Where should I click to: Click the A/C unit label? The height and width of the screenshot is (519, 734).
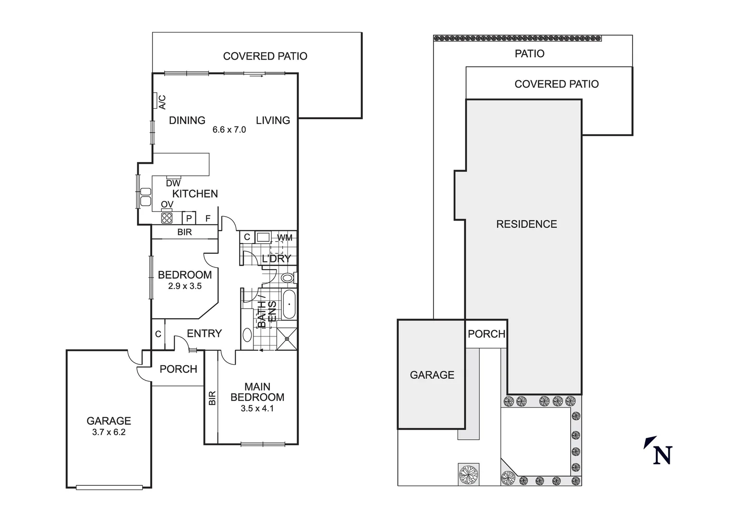[162, 102]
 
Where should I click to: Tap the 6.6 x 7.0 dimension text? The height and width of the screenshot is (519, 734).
[229, 130]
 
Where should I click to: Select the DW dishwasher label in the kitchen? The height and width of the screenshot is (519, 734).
[173, 184]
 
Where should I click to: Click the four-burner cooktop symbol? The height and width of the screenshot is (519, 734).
[167, 218]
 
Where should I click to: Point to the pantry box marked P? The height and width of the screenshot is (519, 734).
[189, 218]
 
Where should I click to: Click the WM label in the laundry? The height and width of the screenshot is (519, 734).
[284, 238]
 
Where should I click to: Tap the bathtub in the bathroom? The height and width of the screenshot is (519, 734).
[289, 304]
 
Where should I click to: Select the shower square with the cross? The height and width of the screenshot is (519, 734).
[287, 339]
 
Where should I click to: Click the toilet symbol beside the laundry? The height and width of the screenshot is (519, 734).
[289, 278]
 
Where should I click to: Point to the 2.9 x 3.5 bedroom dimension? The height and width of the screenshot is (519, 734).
[185, 286]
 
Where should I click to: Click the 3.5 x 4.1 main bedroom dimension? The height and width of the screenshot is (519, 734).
[257, 408]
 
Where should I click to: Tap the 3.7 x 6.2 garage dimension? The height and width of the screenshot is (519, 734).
[109, 432]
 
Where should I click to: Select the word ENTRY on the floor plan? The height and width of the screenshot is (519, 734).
[204, 334]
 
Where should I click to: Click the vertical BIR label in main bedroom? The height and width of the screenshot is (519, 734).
[212, 398]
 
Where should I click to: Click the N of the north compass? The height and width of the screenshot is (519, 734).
[662, 456]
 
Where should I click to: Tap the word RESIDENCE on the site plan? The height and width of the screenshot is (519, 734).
[527, 224]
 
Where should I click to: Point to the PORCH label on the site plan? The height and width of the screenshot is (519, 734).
[487, 334]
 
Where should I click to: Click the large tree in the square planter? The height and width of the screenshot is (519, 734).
[469, 474]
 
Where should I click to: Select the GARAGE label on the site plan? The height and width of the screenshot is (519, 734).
[432, 375]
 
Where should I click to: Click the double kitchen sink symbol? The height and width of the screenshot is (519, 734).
[145, 197]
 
